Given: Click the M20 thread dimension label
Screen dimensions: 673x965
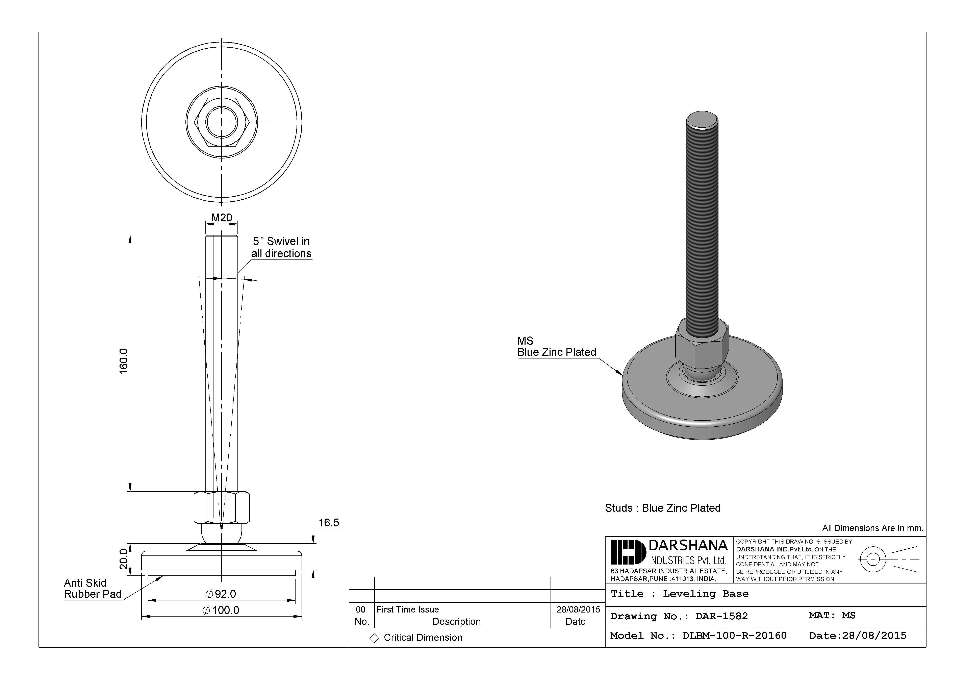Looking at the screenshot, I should tap(222, 218).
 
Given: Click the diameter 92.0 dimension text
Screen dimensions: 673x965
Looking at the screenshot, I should tap(221, 594).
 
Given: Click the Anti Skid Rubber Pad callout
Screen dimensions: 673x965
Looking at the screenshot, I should tap(93, 589).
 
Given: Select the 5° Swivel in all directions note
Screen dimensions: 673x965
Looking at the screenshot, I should tap(281, 247).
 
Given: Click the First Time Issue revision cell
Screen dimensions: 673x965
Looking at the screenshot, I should tap(407, 609).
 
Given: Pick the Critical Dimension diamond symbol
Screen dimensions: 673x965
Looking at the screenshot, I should tap(374, 638).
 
